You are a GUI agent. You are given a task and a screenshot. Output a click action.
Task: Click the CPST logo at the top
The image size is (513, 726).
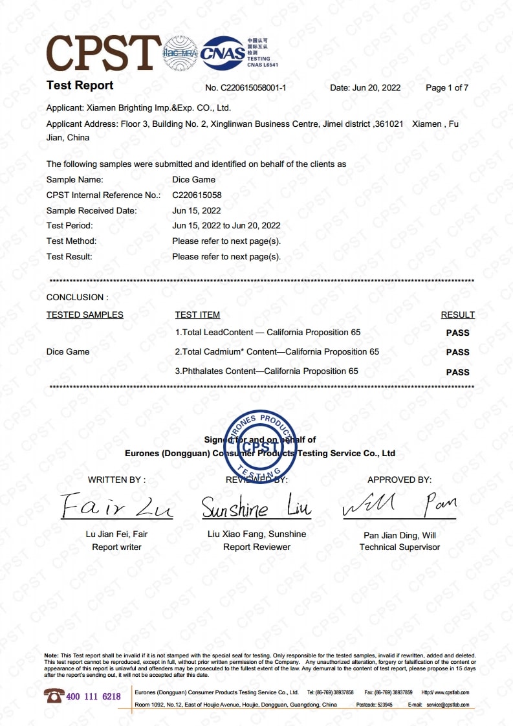(x=104, y=52)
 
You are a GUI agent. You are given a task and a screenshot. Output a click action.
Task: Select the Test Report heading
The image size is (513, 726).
(x=80, y=85)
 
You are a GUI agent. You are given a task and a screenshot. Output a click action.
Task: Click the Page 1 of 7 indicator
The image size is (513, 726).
(x=446, y=88)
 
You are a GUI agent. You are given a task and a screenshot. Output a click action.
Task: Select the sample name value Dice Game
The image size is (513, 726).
(x=193, y=180)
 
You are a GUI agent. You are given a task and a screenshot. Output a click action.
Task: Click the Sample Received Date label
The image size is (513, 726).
(x=91, y=210)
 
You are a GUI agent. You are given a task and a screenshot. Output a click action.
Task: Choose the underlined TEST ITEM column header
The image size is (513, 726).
(x=197, y=315)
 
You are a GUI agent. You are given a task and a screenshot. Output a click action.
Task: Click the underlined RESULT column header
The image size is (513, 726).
(x=457, y=315)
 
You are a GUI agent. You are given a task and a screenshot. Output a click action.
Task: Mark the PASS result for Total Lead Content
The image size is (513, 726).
(x=457, y=333)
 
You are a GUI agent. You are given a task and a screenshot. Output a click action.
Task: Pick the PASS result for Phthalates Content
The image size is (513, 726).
(x=457, y=372)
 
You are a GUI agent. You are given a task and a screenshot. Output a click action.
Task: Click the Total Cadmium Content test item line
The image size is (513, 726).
(x=277, y=352)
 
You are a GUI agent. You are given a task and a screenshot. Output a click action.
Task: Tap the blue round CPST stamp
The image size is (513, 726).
(x=260, y=444)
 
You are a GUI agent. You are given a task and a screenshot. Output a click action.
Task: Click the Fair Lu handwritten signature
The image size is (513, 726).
(x=117, y=507)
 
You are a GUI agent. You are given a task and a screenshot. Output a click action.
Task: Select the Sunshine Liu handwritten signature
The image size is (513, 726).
(x=256, y=508)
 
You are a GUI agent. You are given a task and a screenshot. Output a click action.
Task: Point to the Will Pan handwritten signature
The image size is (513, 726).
(x=399, y=505)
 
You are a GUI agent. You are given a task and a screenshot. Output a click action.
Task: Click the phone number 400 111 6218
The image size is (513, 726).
(x=93, y=697)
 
